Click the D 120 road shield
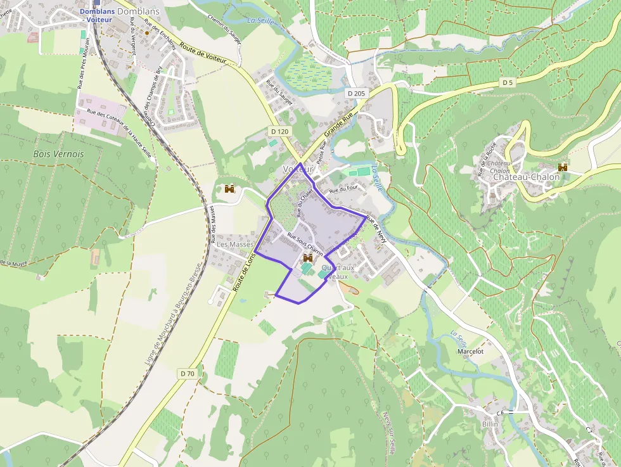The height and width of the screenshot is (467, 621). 279,131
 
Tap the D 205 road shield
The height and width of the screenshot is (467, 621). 357,93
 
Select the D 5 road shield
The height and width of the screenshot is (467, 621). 507,82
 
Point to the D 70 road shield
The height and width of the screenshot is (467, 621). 188,374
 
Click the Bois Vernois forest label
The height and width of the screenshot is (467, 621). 58,154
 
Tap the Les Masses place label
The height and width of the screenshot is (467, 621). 235,244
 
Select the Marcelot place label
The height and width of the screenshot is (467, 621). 470,351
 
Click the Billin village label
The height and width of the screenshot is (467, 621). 490,424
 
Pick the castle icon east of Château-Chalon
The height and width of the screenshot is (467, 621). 562,167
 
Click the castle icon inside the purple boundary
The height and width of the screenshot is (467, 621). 308,258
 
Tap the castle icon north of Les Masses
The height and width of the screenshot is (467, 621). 229,189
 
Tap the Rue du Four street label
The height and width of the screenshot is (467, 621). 344,189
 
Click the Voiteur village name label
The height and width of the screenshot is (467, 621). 298,169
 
